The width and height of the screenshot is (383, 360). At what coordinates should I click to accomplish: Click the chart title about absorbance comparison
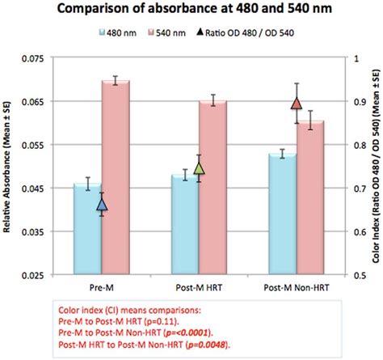[191, 11]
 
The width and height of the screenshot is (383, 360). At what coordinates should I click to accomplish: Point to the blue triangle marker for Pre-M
[102, 205]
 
